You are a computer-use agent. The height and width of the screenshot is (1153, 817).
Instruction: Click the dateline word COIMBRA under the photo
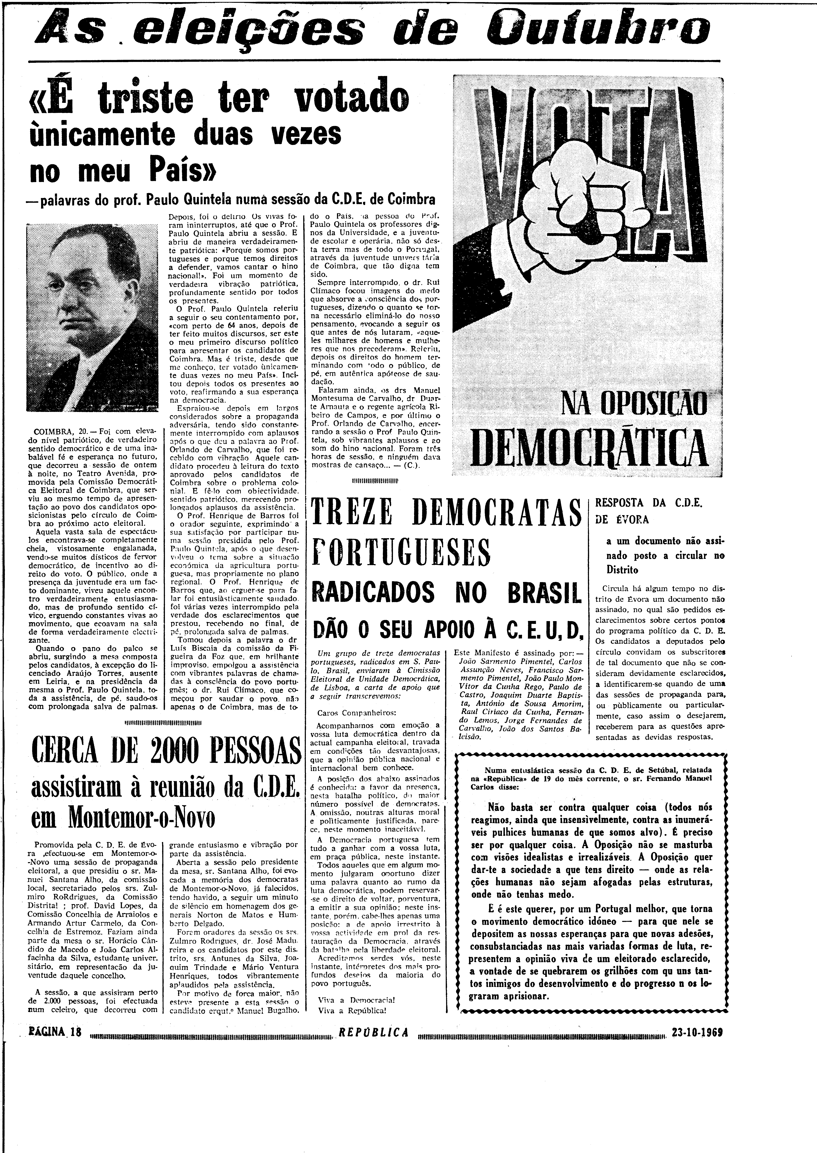click(54, 432)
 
